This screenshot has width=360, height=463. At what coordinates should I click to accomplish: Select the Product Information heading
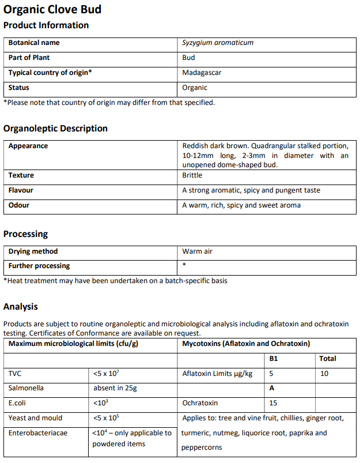(46, 25)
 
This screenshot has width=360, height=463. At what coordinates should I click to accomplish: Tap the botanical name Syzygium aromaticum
(218, 43)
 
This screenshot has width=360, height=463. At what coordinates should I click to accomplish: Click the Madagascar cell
(202, 73)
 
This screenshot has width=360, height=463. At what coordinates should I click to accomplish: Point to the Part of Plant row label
(29, 58)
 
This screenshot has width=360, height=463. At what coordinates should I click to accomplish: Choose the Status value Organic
(195, 88)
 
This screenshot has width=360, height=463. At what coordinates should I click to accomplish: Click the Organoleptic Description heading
(55, 129)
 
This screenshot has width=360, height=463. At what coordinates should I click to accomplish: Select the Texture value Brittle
(192, 175)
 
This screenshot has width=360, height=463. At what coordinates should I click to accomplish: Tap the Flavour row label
(21, 190)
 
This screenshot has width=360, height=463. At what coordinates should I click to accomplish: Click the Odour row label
(19, 205)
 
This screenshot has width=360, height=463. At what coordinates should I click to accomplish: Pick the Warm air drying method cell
(198, 251)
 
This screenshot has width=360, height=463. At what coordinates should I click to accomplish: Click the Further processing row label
(39, 266)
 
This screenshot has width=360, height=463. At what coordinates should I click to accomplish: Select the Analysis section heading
(21, 307)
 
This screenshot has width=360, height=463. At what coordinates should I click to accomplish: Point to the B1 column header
(274, 359)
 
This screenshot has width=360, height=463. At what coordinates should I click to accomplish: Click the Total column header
(328, 359)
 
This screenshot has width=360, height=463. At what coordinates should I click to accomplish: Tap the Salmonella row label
(26, 388)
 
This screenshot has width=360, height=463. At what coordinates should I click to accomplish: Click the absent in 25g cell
(115, 388)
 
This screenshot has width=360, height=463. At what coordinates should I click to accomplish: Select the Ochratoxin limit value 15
(274, 403)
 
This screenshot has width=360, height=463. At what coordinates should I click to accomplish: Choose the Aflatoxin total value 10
(324, 374)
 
